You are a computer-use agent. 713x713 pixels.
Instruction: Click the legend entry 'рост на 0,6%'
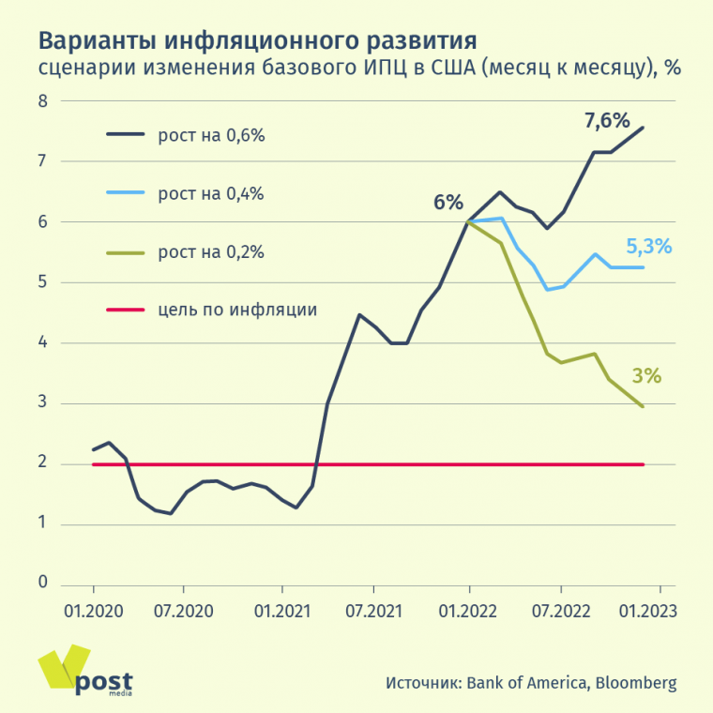click(212, 135)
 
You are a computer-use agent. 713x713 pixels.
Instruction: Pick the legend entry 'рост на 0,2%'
click(212, 251)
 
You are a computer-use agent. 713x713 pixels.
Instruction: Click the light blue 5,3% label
click(648, 248)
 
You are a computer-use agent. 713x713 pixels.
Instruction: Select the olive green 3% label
click(647, 376)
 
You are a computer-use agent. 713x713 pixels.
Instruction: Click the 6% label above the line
click(448, 202)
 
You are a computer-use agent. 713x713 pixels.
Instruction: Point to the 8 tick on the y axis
click(42, 100)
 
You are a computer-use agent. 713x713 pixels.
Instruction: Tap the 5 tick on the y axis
click(42, 282)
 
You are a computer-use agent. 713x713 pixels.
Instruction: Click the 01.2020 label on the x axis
click(92, 611)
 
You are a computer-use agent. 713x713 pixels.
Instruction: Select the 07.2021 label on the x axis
click(372, 611)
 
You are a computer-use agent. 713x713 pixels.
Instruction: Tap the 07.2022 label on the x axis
click(560, 611)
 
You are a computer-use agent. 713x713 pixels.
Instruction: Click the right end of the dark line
click(643, 128)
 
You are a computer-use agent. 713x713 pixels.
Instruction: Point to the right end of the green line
click(643, 406)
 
